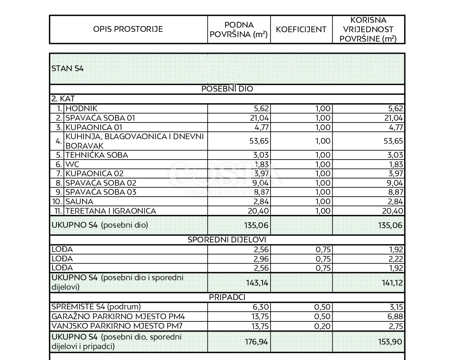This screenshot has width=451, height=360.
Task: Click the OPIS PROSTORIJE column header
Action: pyautogui.click(x=128, y=29)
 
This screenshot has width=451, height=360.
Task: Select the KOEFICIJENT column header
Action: pyautogui.click(x=301, y=29)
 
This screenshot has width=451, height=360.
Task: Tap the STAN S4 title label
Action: pyautogui.click(x=67, y=69)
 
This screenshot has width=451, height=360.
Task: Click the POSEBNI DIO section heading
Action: pyautogui.click(x=227, y=89)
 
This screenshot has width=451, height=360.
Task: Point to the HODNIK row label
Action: pyautogui.click(x=81, y=109)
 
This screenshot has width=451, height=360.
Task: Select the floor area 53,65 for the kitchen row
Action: pyautogui.click(x=256, y=141)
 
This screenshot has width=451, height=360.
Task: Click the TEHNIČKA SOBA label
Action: pyautogui.click(x=97, y=155)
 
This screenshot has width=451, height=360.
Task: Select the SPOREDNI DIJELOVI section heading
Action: pyautogui.click(x=227, y=240)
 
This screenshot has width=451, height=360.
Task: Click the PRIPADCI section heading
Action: pyautogui.click(x=227, y=298)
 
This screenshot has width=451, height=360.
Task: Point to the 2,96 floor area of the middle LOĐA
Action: pyautogui.click(x=259, y=259)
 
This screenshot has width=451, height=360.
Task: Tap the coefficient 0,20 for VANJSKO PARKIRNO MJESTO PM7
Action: pyautogui.click(x=323, y=326)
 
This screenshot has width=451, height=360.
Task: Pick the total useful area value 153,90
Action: pyautogui.click(x=390, y=342)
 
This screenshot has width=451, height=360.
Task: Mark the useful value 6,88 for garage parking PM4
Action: pyautogui.click(x=395, y=317)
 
